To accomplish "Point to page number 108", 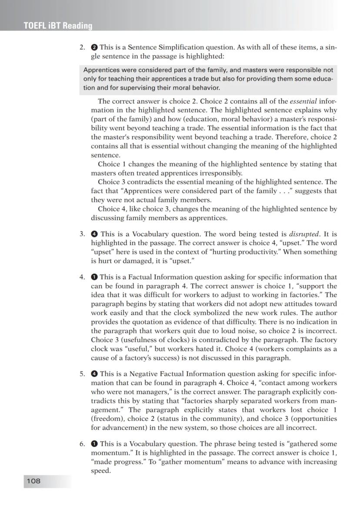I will coord(33,481).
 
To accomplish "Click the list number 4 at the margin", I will coord(82,277).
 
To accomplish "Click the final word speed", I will coord(100,470).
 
